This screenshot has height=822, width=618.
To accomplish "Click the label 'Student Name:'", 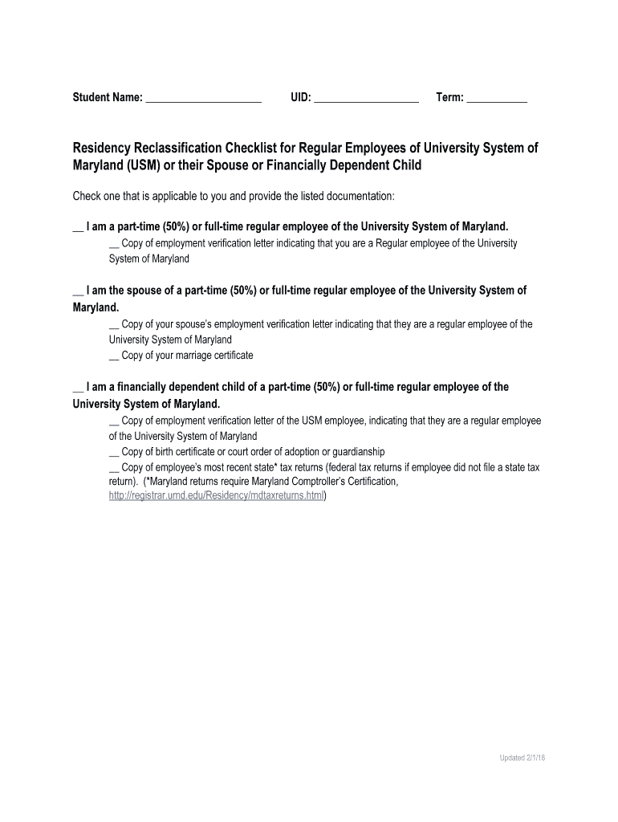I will [108, 97].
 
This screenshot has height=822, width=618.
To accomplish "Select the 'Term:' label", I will [449, 97].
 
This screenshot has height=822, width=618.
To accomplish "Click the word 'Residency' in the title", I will [108, 149].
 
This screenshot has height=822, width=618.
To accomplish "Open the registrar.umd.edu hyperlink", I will [217, 496].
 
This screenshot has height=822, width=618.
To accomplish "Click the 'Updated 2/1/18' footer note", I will [522, 758].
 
